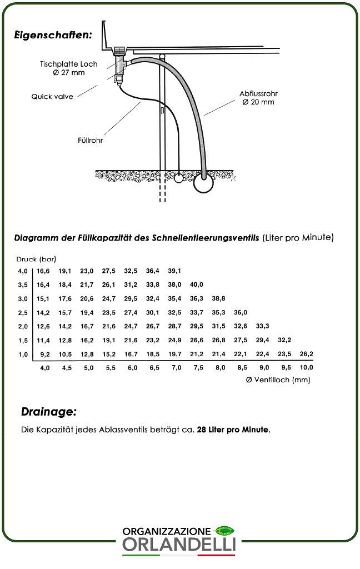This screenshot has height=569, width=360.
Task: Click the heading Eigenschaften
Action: pyautogui.click(x=53, y=34)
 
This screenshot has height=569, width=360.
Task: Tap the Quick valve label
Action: pyautogui.click(x=52, y=97)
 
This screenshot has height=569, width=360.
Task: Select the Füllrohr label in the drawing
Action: pyautogui.click(x=90, y=141)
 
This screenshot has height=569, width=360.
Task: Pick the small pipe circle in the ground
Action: pyautogui.click(x=178, y=179)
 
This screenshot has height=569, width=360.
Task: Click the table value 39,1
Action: pyautogui.click(x=174, y=271)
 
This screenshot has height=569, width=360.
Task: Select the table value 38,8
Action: pyautogui.click(x=218, y=298)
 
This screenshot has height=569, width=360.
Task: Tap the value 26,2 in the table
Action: pyautogui.click(x=306, y=353)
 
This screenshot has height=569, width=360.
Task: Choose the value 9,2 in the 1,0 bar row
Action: pyautogui.click(x=44, y=353)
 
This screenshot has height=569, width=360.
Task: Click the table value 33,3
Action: pyautogui.click(x=263, y=326)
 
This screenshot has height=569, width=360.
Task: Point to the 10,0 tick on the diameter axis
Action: pyautogui.click(x=306, y=367)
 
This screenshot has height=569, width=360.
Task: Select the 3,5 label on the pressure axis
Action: pyautogui.click(x=22, y=284)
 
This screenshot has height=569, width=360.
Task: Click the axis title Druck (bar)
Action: pyautogui.click(x=36, y=259)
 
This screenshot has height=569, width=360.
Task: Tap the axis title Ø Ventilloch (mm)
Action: pyautogui.click(x=277, y=380)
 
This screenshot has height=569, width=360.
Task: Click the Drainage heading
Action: pyautogui.click(x=48, y=412)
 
